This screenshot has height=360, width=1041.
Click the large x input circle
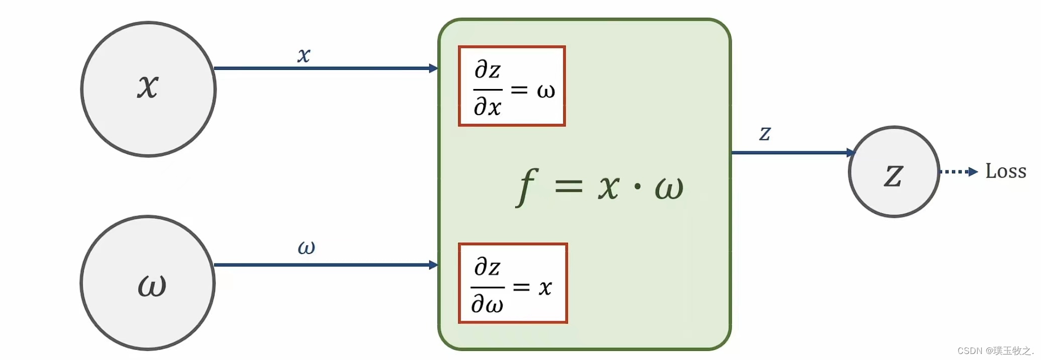click(x=148, y=89)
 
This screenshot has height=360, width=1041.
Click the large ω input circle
click(x=148, y=283)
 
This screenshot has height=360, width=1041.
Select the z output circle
click(x=894, y=172)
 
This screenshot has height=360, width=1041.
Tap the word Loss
click(x=1005, y=171)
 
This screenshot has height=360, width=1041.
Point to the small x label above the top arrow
click(x=304, y=55)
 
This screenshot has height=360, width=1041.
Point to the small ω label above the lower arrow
click(x=306, y=247)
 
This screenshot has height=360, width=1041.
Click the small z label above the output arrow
click(x=765, y=133)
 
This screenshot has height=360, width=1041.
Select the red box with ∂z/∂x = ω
click(x=512, y=86)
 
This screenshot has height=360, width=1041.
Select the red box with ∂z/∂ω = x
click(x=513, y=283)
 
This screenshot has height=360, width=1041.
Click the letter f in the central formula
click(x=527, y=187)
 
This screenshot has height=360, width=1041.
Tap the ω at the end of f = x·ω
click(x=669, y=189)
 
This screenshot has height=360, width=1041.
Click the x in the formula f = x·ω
click(x=609, y=188)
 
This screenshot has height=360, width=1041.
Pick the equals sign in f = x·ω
click(x=569, y=187)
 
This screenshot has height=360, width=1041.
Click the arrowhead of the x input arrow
click(x=433, y=68)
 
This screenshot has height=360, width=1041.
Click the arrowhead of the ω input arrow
click(x=433, y=265)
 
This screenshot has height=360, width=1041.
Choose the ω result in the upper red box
click(x=546, y=91)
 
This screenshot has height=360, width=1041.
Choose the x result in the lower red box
click(x=545, y=288)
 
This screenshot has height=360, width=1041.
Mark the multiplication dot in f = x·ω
click(x=638, y=187)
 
